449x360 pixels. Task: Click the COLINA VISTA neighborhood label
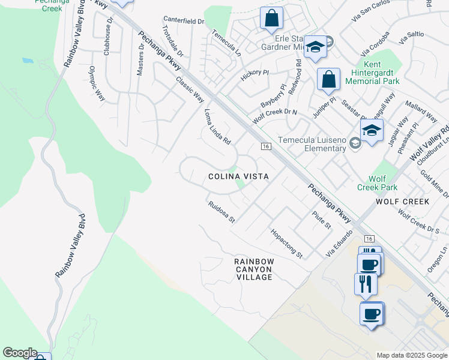tap(238, 176)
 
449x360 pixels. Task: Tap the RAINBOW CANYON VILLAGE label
tap(254, 269)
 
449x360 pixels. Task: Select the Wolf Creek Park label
tap(383, 183)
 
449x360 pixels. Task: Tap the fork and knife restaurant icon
tap(366, 283)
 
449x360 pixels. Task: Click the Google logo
tap(20, 353)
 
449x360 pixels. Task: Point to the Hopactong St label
tap(286, 244)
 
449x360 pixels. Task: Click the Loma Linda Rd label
tap(218, 126)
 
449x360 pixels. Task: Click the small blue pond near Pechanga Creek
tap(28, 61)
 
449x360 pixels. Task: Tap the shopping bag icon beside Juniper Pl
tap(328, 79)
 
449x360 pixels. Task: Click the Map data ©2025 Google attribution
tap(412, 355)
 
